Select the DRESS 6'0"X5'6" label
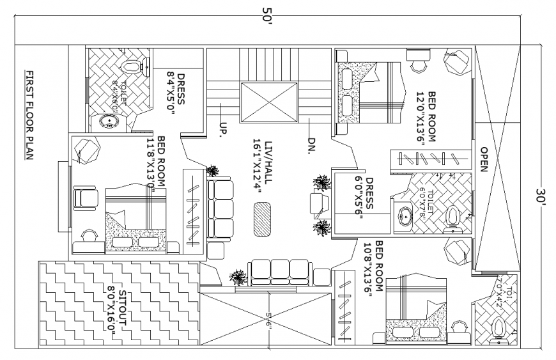(364, 198)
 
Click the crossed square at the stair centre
(267, 102)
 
